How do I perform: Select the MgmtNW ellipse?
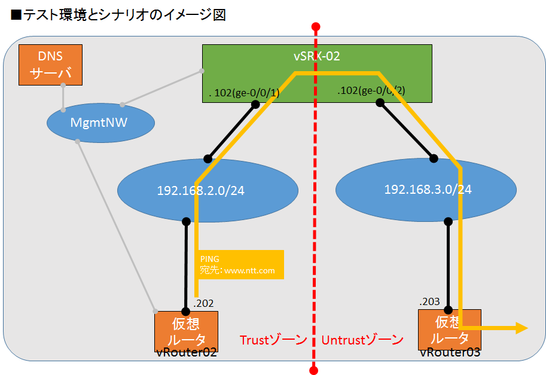click(x=100, y=124)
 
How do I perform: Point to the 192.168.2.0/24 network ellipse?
click(x=208, y=191)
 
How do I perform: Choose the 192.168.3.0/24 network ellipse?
click(x=427, y=190)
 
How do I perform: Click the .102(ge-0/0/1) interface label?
click(x=244, y=93)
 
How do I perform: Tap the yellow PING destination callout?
click(x=239, y=265)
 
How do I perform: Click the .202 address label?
click(x=203, y=303)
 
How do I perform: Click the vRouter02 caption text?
click(x=185, y=352)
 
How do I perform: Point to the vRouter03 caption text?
click(x=450, y=352)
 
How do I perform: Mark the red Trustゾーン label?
click(x=273, y=340)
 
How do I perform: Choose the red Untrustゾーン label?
click(x=362, y=340)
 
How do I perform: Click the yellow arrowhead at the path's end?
click(x=521, y=328)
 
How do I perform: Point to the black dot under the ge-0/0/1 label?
click(x=255, y=105)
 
